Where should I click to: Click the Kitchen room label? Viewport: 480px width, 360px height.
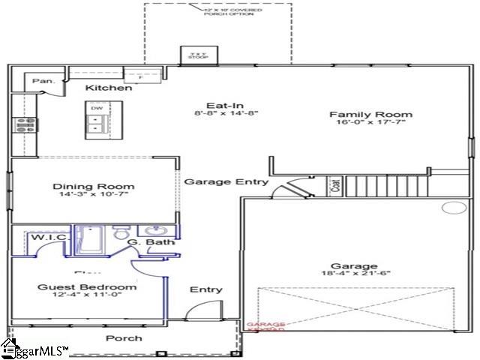point(109,88)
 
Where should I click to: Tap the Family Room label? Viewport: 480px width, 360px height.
point(371,115)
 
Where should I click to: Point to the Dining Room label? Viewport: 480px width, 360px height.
point(94,187)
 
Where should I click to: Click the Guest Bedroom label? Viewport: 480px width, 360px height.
point(88,287)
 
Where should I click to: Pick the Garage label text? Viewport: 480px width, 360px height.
point(354,267)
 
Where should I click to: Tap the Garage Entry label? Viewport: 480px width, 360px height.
point(216,181)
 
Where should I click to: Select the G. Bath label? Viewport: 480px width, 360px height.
point(142,243)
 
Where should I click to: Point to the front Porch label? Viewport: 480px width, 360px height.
point(124,338)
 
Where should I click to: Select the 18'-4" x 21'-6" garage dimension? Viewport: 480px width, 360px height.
point(354,275)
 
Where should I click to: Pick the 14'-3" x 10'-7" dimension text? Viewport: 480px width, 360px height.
point(94,196)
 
